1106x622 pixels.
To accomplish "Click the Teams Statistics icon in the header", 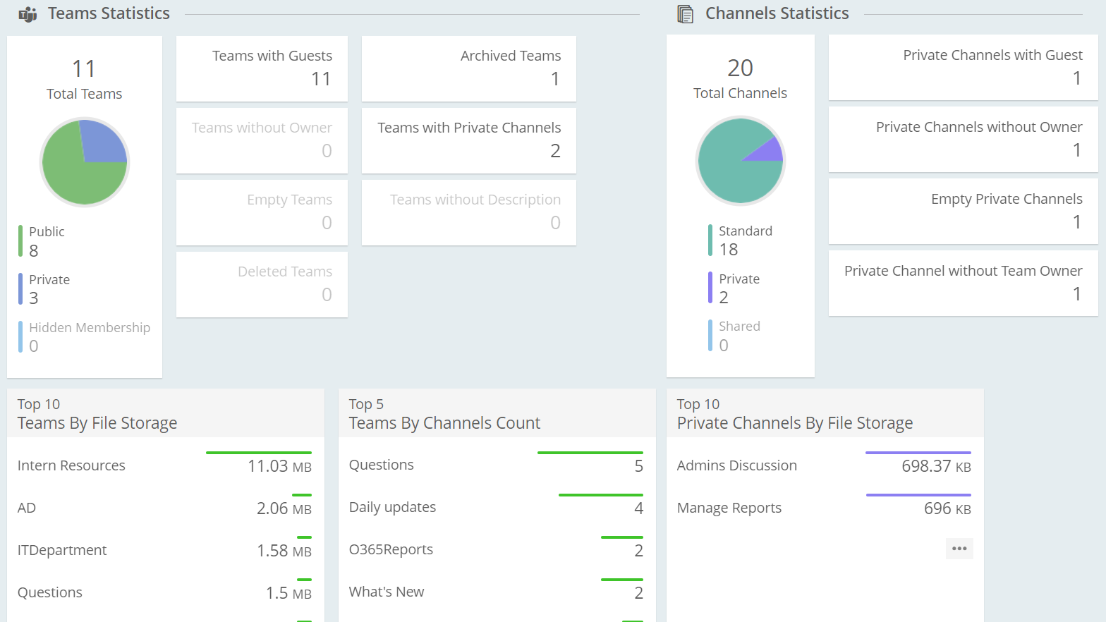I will pos(28,14).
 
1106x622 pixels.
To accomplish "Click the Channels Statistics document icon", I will pos(685,14).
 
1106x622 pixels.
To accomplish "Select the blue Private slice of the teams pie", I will pos(102,143).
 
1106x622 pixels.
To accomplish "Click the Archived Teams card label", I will pos(510,56).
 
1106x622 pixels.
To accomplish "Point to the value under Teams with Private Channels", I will pos(555,151).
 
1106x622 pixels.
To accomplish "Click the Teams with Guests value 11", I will pos(321,79).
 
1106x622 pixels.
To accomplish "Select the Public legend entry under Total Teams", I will pos(47,232).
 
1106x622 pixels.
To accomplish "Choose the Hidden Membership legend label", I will pos(90,328).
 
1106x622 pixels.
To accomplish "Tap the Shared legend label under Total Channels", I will pos(739,327).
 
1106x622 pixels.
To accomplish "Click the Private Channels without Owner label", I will pos(978,127).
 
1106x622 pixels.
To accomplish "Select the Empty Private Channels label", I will pos(1006,199).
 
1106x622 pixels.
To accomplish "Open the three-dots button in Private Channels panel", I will pos(959,549).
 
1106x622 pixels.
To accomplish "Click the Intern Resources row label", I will pos(71,465).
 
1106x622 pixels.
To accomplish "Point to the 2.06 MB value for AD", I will pos(284,508).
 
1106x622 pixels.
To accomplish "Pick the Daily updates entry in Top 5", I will pos(392,507).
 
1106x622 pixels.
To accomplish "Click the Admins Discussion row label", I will pos(736,465).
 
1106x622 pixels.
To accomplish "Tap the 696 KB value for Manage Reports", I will pos(947,508).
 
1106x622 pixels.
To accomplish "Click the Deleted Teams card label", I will pos(284,272).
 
